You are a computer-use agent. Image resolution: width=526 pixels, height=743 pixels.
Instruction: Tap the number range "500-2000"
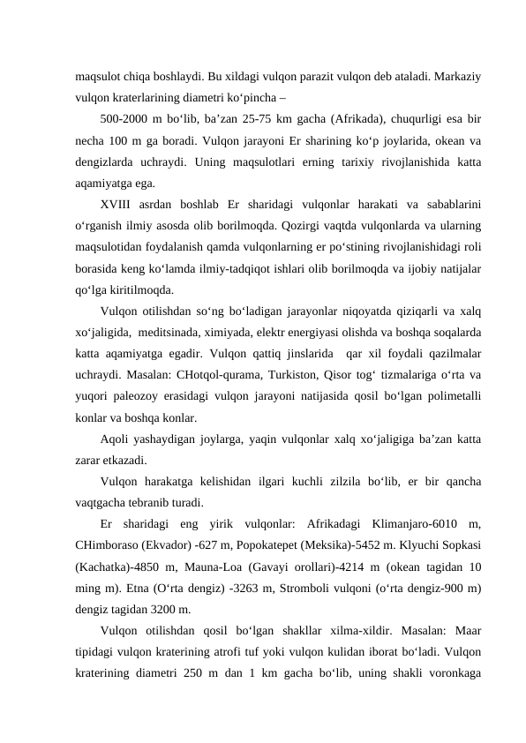(x=124, y=118)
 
